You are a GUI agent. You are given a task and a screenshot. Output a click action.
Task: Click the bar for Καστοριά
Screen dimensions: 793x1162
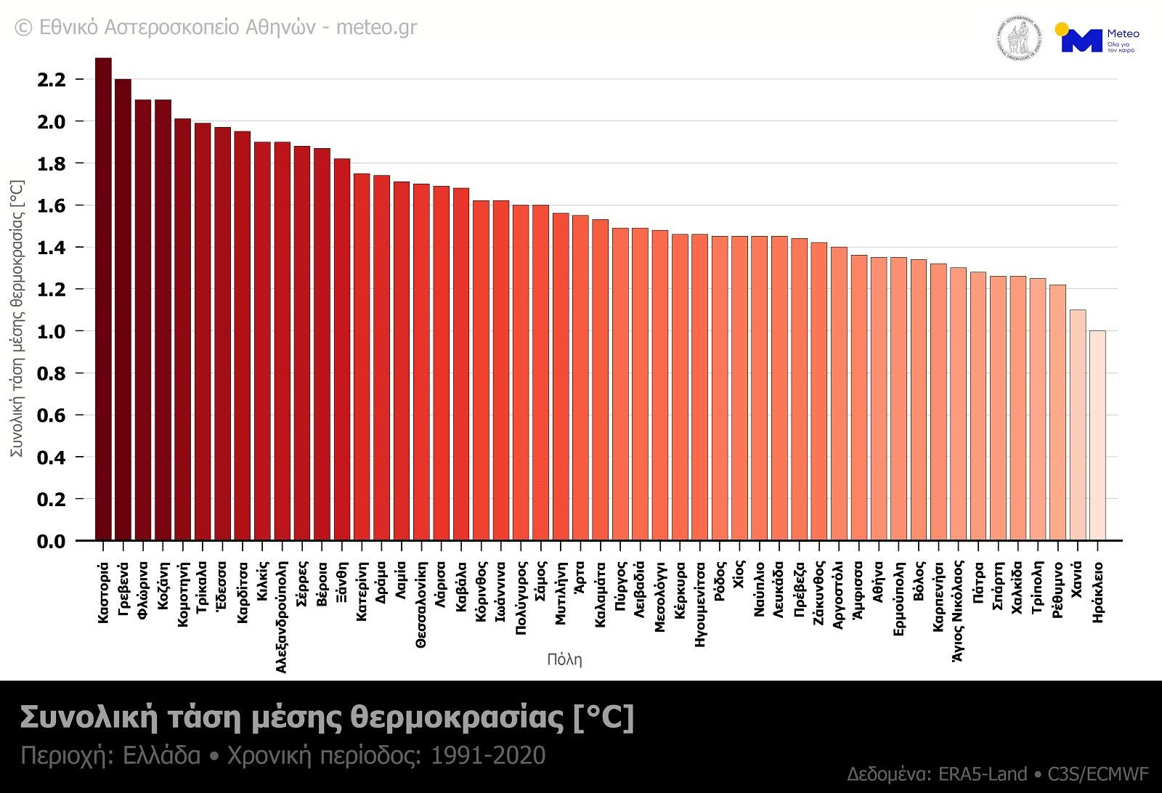point(103,299)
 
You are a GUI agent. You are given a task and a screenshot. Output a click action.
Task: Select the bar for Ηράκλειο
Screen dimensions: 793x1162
point(1097,436)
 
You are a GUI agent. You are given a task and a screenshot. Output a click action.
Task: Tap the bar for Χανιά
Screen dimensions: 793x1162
point(1077,425)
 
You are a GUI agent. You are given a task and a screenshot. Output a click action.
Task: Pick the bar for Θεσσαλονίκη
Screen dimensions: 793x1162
point(421,362)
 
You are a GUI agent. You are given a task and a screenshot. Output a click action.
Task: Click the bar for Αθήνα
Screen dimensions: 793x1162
point(878,399)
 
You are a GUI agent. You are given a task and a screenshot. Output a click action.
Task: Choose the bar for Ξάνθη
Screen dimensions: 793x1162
point(341,349)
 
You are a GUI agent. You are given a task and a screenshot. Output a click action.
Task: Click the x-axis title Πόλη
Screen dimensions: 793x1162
point(564,659)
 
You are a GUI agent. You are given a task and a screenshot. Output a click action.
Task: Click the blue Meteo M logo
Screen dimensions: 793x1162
point(1081,40)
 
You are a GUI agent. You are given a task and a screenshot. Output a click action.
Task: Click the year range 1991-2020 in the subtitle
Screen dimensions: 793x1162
point(488,756)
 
